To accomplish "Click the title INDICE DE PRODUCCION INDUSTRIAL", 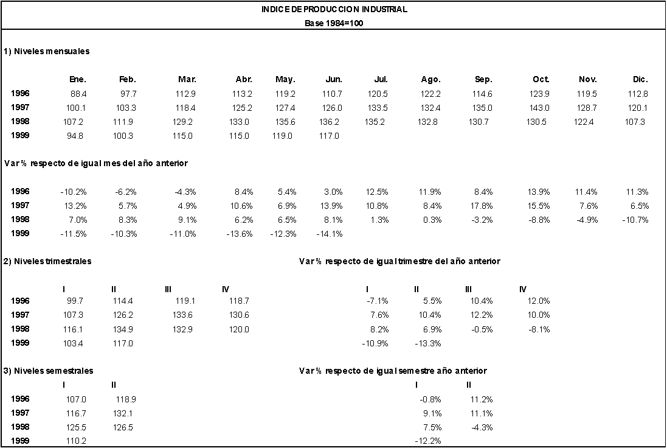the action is pos(334,9).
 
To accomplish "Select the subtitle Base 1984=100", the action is pos(334,23).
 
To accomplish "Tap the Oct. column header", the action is pos(541,79).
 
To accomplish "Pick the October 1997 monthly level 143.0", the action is pos(539,108).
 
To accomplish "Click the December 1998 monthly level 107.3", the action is pos(635,122).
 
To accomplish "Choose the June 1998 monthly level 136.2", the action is pos(330,122).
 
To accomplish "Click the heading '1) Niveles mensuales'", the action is pos(47,51).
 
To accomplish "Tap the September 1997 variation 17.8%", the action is pos(482,206).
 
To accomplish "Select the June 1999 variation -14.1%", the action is pos(330,234).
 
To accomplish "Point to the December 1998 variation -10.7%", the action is pos(635,220).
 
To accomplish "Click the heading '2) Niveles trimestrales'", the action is pos(47,261).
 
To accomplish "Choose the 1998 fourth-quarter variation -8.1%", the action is pos(539,329).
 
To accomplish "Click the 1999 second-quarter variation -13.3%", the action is pos(428,343).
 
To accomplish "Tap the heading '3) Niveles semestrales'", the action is pos(49,371).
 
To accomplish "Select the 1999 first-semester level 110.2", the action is pos(76,441).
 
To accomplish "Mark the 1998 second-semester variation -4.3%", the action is pos(482,427).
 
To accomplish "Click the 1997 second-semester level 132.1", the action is pos(123,413).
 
